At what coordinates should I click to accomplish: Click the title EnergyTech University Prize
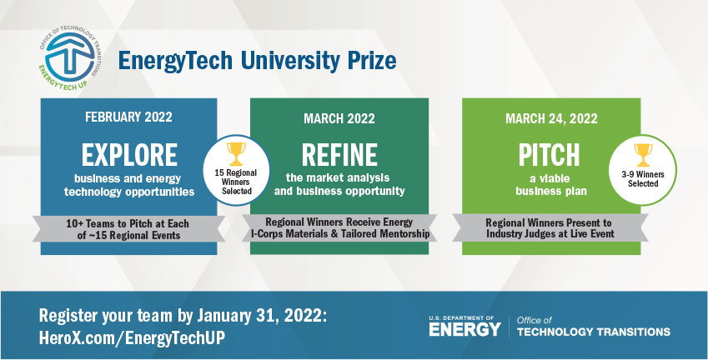[x=256, y=61]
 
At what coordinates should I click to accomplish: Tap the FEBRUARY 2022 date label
[x=128, y=117]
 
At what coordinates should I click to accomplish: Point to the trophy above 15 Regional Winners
[x=237, y=153]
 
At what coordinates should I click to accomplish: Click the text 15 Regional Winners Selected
[x=237, y=179]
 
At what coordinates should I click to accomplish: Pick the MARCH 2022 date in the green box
[x=339, y=117]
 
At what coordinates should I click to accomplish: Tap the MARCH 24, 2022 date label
[x=550, y=117]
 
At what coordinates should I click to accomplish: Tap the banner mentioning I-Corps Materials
[x=340, y=228]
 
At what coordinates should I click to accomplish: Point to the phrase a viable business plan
[x=550, y=183]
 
